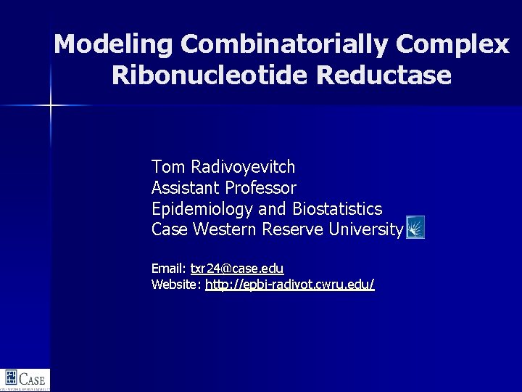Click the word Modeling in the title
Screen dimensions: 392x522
pos(113,45)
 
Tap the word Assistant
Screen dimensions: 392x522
pos(186,188)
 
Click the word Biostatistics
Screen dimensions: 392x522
pos(337,209)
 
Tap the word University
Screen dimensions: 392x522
pos(365,229)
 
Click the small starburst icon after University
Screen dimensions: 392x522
pos(415,228)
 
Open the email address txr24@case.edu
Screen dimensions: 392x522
pos(237,269)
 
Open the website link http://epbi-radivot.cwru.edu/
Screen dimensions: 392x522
pos(290,285)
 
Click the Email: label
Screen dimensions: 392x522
pos(169,269)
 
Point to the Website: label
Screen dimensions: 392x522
pos(176,285)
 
